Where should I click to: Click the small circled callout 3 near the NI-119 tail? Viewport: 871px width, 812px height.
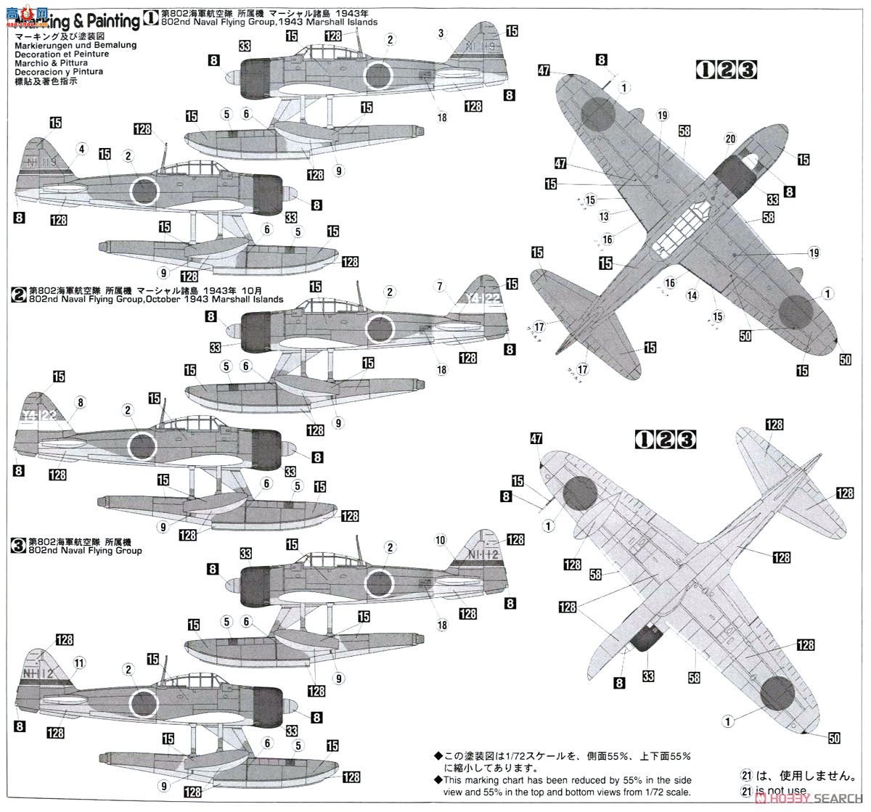(x=441, y=33)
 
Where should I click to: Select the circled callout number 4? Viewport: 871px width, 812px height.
(x=81, y=149)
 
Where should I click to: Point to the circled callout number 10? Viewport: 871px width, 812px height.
(x=441, y=540)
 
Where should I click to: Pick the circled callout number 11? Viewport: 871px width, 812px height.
(x=80, y=662)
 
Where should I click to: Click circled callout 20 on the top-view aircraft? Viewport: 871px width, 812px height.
(x=730, y=139)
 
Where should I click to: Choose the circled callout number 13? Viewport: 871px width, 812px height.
(x=604, y=216)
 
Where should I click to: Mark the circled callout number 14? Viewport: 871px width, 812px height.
(x=691, y=295)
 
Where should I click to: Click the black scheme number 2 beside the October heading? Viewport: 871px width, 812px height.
(x=18, y=295)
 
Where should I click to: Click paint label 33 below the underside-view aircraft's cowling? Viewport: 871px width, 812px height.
(x=648, y=676)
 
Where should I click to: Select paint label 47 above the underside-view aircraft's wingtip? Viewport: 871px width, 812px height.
(x=536, y=438)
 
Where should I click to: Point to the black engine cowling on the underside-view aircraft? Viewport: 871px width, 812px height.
(x=644, y=638)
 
